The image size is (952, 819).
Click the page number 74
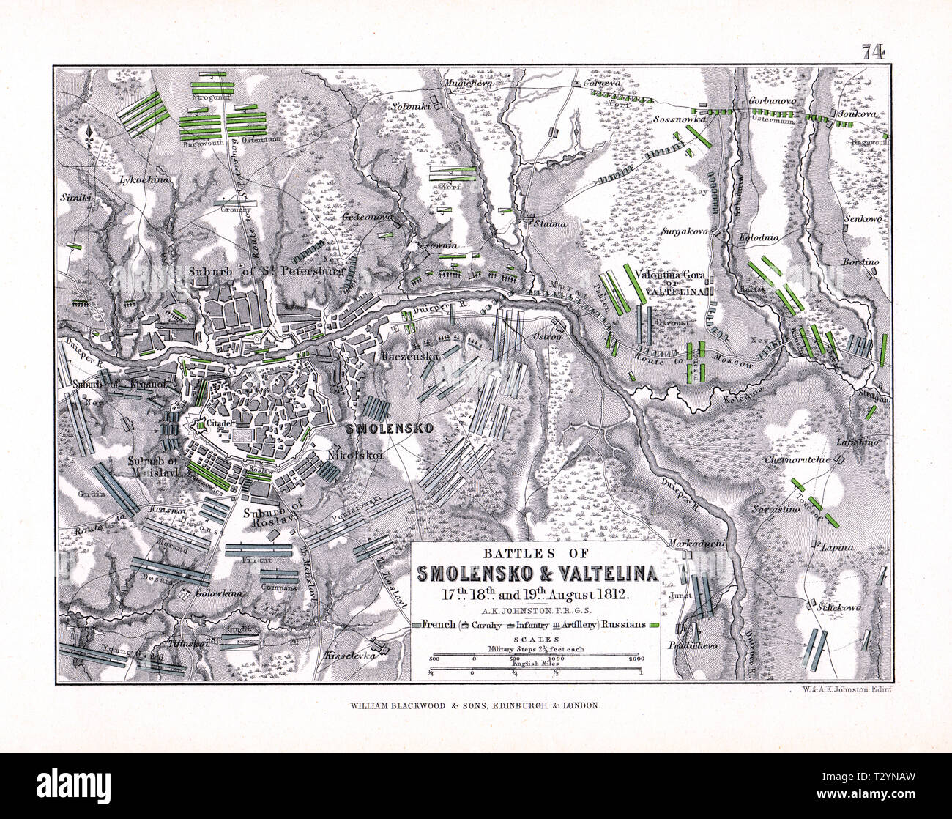click(x=874, y=51)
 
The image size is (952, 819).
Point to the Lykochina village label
click(x=145, y=179)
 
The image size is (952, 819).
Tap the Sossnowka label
click(x=680, y=118)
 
